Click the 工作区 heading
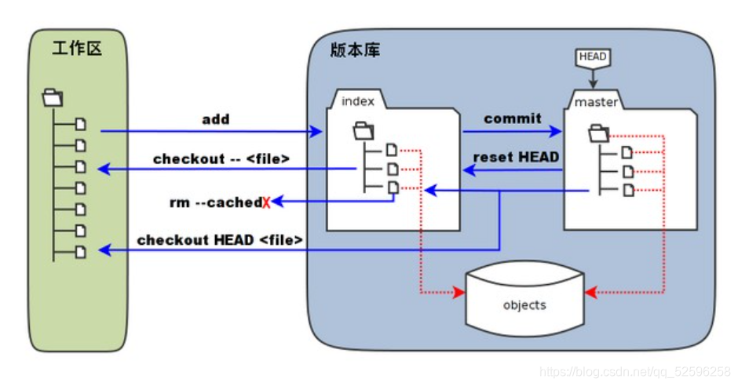click(77, 49)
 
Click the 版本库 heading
click(356, 49)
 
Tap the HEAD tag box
click(593, 56)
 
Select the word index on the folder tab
click(358, 100)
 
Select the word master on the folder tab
click(597, 102)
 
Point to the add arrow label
click(216, 119)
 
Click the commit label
click(513, 118)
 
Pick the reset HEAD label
click(516, 157)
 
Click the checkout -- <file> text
click(221, 159)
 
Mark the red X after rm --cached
click(267, 203)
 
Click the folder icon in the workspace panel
click(53, 98)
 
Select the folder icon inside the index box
click(364, 129)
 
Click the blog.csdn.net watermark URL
click(634, 371)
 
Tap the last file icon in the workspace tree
click(82, 251)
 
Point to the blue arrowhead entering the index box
click(318, 132)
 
